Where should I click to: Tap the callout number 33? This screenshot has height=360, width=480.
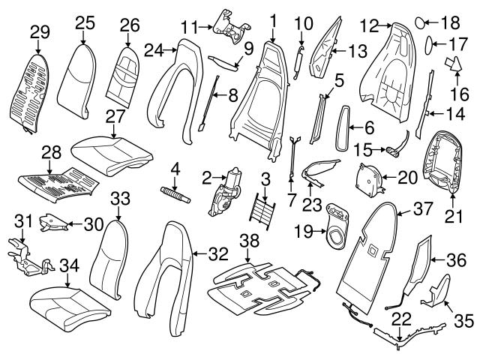click(x=120, y=198)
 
